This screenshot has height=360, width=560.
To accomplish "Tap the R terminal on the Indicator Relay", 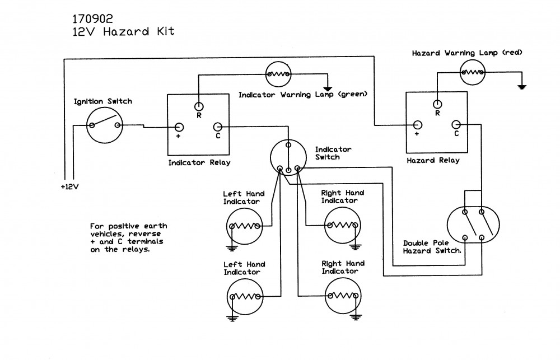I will tap(198, 106).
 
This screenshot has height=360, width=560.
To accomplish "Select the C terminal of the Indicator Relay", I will tap(217, 127).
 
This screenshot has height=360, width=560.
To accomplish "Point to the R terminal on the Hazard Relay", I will tap(436, 103).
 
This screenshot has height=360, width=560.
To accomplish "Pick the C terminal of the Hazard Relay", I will tap(456, 124).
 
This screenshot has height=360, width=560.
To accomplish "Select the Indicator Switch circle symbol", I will tap(288, 158).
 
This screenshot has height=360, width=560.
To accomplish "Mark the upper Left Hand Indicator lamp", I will tap(245, 226).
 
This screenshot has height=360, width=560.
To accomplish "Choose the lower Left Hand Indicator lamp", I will tap(245, 297).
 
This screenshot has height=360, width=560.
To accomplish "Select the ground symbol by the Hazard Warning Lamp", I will tap(522, 86).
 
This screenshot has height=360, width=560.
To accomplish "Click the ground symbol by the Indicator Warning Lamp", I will tap(328, 88).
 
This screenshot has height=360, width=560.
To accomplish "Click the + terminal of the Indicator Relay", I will tap(179, 127).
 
